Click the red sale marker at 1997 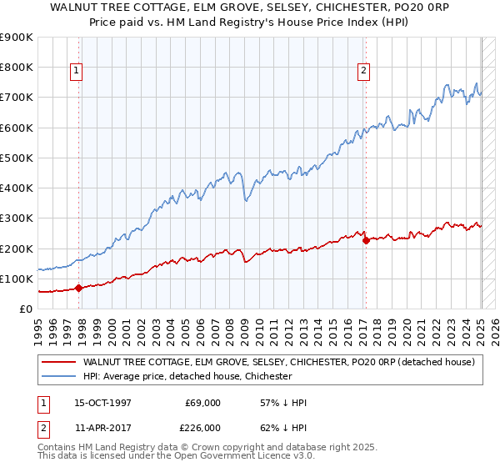click(x=78, y=288)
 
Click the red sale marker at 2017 click(x=365, y=240)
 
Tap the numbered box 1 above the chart click(x=76, y=71)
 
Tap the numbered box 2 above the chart click(x=364, y=71)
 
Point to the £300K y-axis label click(x=17, y=218)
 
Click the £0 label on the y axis click(x=26, y=309)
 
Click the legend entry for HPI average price click(x=187, y=377)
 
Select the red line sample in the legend click(x=57, y=362)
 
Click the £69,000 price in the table click(x=202, y=403)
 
